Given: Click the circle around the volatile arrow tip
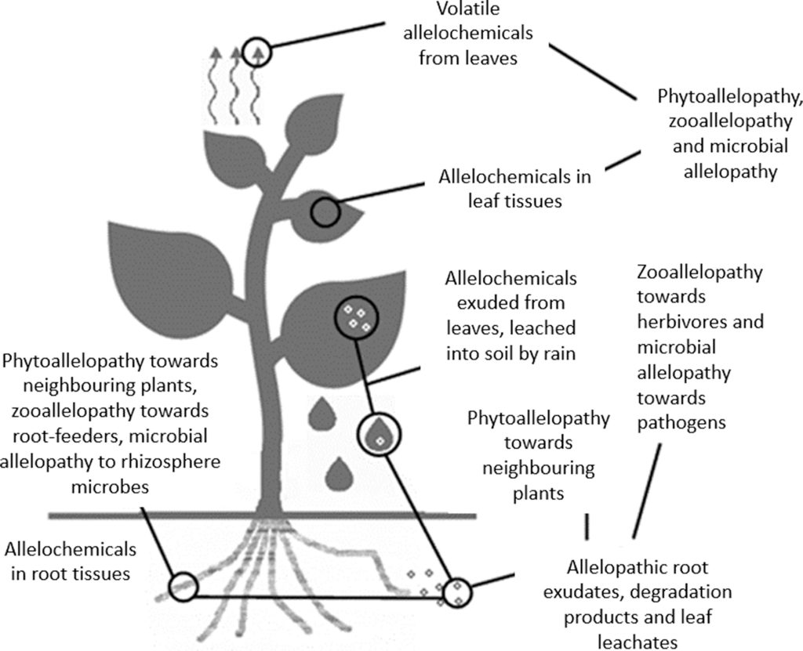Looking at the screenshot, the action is coord(256,41).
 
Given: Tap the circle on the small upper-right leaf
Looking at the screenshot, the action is coord(312,212).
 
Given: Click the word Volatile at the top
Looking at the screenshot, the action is coord(468,9).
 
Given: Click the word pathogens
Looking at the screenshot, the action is coord(681,423).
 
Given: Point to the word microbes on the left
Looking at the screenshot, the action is coord(110,486).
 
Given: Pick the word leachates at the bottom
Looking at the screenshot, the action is coord(638,642).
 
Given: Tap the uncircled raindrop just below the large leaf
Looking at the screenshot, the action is coord(322,413).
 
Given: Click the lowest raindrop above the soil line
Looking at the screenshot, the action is coord(339,473).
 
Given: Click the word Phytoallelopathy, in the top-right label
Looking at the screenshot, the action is coord(729,96).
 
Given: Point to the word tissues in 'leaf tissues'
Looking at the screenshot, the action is coord(533,201).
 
